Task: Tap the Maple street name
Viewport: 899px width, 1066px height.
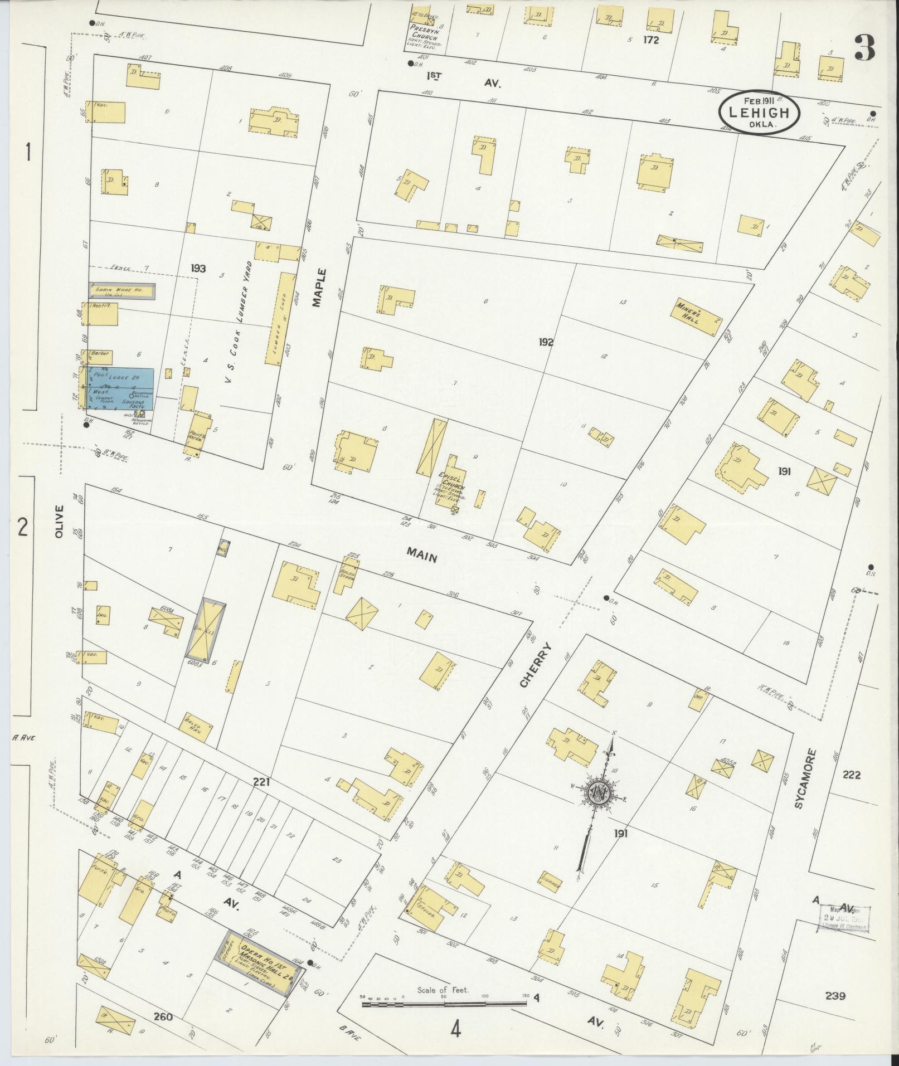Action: pos(318,288)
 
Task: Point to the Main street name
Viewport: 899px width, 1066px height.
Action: pos(422,554)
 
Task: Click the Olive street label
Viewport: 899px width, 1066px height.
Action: pos(60,521)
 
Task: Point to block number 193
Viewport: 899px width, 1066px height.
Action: pos(198,269)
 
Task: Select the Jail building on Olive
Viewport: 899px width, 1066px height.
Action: pos(103,614)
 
